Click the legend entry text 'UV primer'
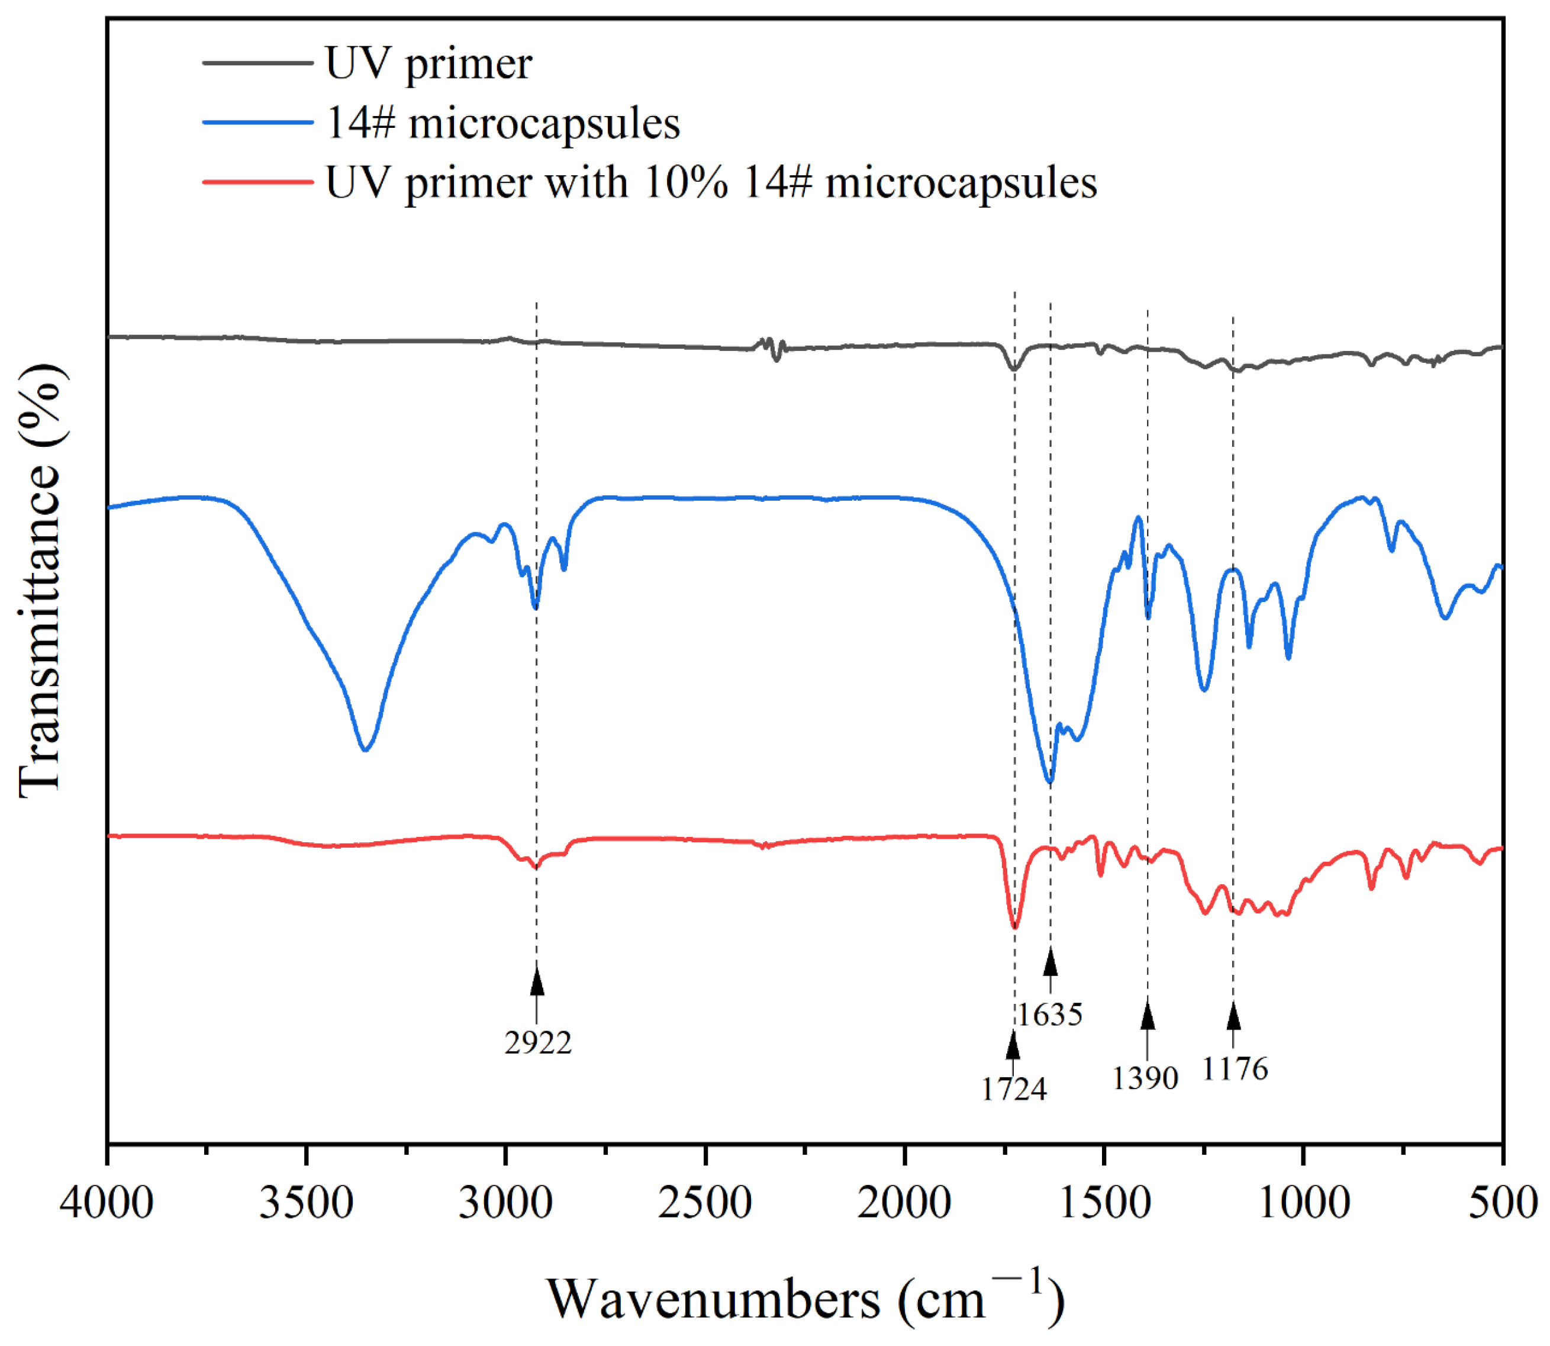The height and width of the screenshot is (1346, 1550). pos(428,63)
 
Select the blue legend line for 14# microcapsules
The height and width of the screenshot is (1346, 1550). pos(257,123)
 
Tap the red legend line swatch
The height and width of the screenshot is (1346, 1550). pos(257,182)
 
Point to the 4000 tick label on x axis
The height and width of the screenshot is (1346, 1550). pos(107,1203)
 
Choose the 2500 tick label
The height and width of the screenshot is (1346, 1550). pos(704,1203)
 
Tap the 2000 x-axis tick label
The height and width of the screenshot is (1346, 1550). pos(904,1203)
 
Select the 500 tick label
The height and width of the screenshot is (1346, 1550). pos(1502,1203)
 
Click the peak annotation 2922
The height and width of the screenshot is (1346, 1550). pos(538,1042)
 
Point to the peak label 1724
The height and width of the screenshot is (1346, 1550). pos(1013,1089)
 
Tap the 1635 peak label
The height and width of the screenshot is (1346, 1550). pos(1050,1015)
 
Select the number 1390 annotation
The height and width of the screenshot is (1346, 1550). pos(1145,1078)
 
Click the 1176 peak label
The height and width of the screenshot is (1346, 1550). pos(1235,1069)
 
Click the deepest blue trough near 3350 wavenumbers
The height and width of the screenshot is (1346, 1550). pos(365,749)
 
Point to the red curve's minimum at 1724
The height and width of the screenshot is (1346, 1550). pos(1014,928)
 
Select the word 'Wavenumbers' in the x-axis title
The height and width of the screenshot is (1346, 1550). pos(713,1299)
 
